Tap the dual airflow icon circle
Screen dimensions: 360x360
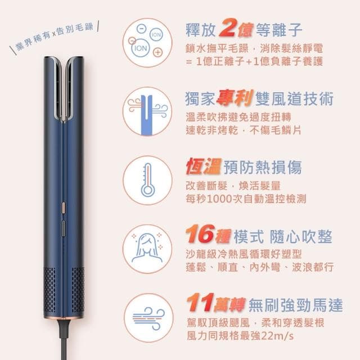point(147,110)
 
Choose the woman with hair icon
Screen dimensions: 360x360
point(147,247)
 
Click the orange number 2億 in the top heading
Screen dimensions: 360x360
point(231,27)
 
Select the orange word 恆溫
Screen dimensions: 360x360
point(203,167)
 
